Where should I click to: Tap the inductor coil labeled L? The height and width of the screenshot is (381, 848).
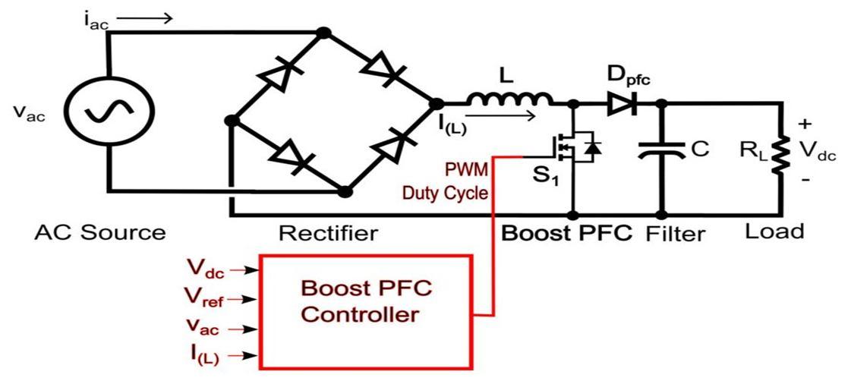[509, 98]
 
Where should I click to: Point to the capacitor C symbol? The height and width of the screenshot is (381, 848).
[661, 150]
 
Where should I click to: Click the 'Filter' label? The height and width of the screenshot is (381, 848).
[675, 233]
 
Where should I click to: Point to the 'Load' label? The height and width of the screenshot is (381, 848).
[774, 231]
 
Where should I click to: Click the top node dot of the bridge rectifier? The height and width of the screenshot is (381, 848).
[323, 33]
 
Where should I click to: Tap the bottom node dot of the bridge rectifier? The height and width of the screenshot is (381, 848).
[345, 192]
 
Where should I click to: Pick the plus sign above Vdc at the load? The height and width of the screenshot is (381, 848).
[805, 124]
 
